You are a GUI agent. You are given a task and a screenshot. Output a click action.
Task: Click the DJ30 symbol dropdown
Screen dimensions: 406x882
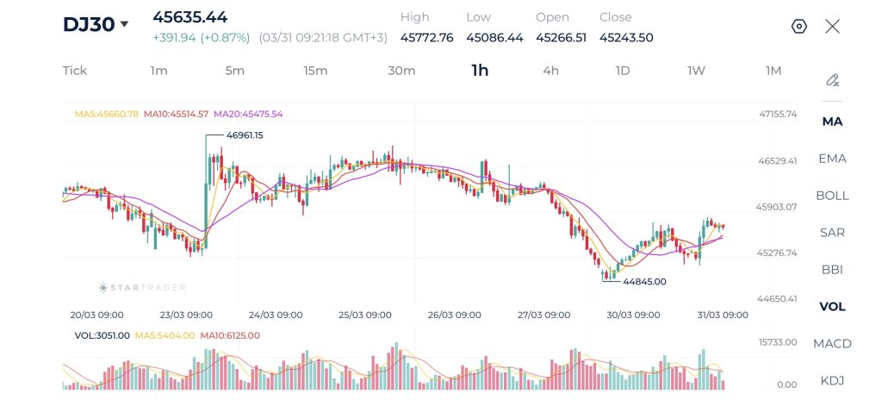click(96, 24)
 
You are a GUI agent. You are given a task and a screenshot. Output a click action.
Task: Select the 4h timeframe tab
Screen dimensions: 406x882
click(550, 71)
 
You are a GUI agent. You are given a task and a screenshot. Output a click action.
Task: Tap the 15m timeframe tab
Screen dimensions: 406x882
click(315, 71)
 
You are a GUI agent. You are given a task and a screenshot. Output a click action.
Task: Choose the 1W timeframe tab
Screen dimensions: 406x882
click(696, 71)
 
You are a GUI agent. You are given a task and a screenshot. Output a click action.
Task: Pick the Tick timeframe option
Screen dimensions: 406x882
click(75, 71)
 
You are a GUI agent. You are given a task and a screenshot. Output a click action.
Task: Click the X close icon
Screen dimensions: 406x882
click(832, 26)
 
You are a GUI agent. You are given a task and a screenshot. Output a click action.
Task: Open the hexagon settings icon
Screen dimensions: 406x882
click(798, 26)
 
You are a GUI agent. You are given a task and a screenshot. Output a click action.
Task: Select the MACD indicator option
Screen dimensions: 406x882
click(832, 343)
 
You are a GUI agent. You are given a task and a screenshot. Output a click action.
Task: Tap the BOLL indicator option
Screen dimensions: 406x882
click(832, 195)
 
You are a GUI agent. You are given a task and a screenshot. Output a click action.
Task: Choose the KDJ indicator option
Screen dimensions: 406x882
click(832, 380)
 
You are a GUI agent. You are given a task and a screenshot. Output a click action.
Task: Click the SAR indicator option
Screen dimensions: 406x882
click(832, 232)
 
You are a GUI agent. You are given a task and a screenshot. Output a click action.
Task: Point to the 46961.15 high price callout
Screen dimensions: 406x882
click(245, 135)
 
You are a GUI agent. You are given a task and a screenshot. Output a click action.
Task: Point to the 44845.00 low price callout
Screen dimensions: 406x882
click(643, 281)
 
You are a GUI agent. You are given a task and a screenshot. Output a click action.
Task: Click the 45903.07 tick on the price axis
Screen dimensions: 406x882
click(777, 207)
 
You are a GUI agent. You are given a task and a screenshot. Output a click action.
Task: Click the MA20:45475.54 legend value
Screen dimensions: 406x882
click(248, 114)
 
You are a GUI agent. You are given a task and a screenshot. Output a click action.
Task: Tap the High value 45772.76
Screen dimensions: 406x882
click(427, 37)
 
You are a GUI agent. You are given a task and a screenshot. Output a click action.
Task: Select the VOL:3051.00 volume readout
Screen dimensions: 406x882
click(102, 335)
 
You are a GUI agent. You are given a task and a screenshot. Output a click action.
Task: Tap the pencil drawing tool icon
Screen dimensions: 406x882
click(832, 80)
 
